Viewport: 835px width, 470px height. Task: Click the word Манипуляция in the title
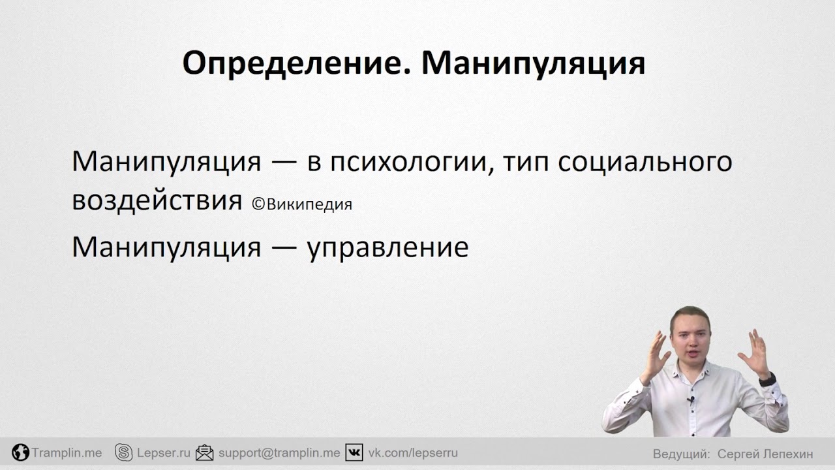[x=534, y=64]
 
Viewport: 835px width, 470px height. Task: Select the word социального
[x=645, y=162]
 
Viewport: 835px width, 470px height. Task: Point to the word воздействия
[x=157, y=202]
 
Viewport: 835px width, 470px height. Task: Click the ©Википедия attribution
[x=302, y=204]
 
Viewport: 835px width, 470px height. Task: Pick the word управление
[x=387, y=247]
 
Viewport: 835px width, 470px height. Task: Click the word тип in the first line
[x=526, y=163]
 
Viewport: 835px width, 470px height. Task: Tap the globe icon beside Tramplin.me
[x=20, y=452]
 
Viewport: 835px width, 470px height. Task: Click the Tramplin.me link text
[x=67, y=453]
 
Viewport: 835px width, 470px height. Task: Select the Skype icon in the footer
[x=124, y=452]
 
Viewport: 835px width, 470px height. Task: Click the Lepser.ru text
[x=164, y=453]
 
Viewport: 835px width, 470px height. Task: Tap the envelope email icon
[x=205, y=452]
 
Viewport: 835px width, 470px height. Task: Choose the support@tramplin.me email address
[x=279, y=453]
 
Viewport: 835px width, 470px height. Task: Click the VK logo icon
[x=354, y=452]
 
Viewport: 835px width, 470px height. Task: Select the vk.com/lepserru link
[x=413, y=453]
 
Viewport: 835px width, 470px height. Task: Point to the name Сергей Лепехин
[x=765, y=454]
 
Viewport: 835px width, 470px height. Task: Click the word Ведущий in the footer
[x=681, y=454]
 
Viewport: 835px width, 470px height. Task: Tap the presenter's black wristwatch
[x=767, y=379]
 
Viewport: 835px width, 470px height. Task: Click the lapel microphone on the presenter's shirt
[x=691, y=400]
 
